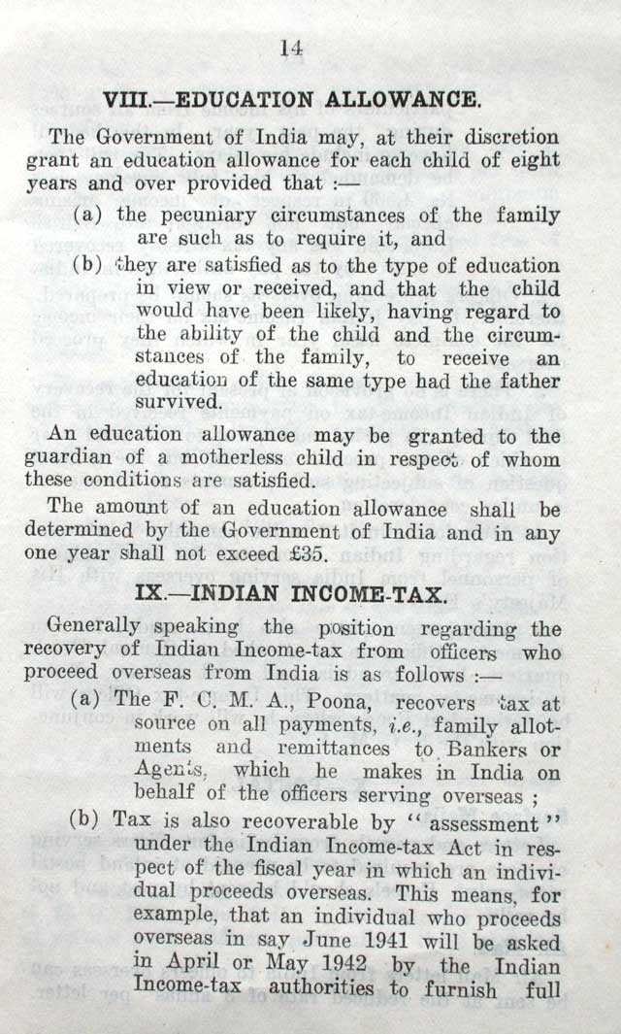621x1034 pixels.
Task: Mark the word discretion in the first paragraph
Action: pos(503,136)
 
